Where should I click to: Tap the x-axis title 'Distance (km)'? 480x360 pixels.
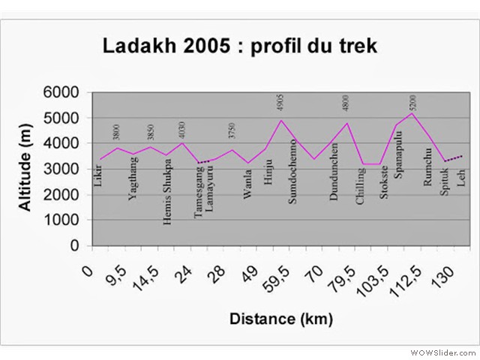pos(280,319)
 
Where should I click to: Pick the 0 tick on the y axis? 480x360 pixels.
pos(73,246)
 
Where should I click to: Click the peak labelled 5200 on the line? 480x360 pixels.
pos(412,113)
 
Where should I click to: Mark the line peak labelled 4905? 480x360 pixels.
pos(280,120)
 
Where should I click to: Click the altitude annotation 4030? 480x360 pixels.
pos(181,129)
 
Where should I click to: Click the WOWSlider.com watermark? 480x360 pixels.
pos(442,351)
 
